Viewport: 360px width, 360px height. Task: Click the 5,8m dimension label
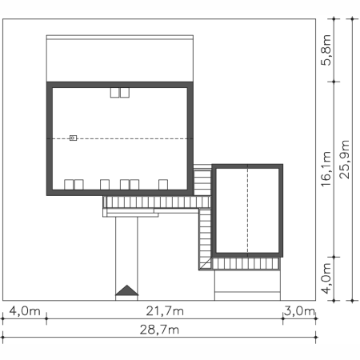[x=326, y=50]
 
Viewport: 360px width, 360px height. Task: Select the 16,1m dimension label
[x=326, y=169]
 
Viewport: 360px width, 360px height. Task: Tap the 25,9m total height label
[x=344, y=159]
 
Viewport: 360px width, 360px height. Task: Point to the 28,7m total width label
[x=159, y=330]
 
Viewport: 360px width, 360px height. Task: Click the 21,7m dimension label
[x=165, y=311]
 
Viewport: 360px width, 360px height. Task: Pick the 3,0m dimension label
[x=299, y=311]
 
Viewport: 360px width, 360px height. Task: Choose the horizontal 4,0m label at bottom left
[x=25, y=311]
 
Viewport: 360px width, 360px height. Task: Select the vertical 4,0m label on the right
[x=326, y=278]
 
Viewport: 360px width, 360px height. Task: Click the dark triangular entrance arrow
[x=127, y=290]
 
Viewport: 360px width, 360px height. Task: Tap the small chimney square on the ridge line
[x=73, y=138]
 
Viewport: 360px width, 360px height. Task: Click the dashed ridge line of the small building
[x=247, y=210]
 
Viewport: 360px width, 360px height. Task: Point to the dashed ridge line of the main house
[x=120, y=138]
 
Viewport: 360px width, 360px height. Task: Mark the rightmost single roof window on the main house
[x=163, y=185]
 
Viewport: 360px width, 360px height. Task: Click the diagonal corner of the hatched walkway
[x=206, y=263]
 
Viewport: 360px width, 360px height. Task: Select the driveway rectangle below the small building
[x=247, y=286]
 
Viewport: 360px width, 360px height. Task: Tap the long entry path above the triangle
[x=126, y=250]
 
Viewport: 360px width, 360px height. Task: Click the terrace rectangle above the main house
[x=120, y=58]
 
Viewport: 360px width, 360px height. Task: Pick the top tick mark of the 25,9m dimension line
[x=352, y=18]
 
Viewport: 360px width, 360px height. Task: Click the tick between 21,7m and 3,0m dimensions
[x=282, y=318]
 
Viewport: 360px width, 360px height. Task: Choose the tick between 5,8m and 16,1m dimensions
[x=334, y=82]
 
